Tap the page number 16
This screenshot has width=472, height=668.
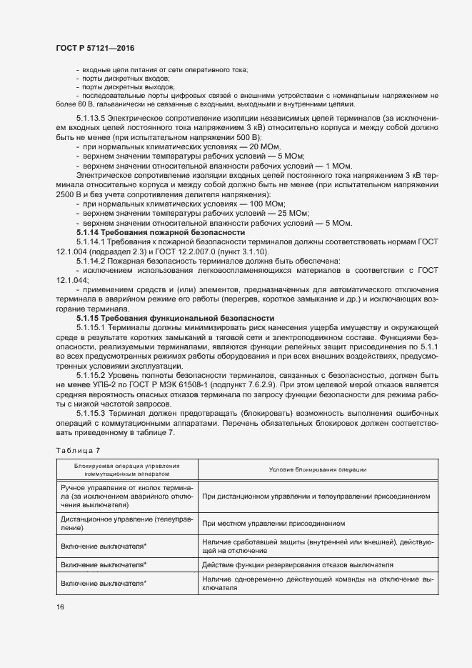[59, 607]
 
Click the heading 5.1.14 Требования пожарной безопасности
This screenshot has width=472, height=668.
[161, 233]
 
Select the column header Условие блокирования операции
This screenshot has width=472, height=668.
[318, 469]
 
